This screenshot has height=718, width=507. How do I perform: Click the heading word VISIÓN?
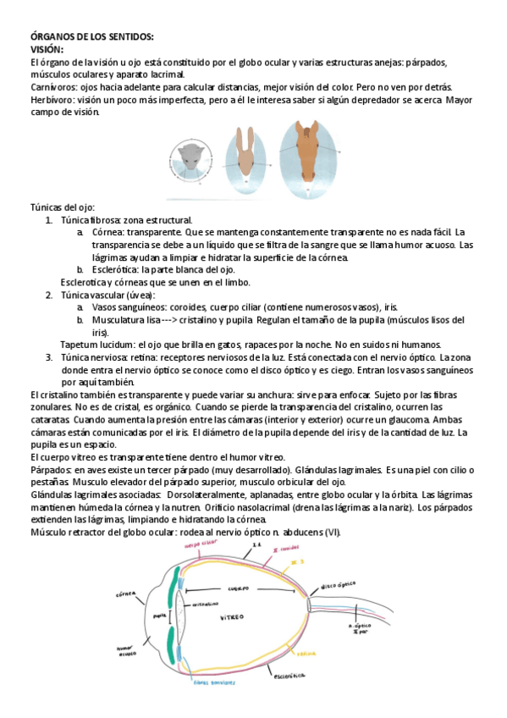pyautogui.click(x=47, y=50)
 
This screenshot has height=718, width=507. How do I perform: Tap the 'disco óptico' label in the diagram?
pyautogui.click(x=336, y=585)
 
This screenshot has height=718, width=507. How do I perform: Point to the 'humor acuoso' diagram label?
pyautogui.click(x=127, y=649)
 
